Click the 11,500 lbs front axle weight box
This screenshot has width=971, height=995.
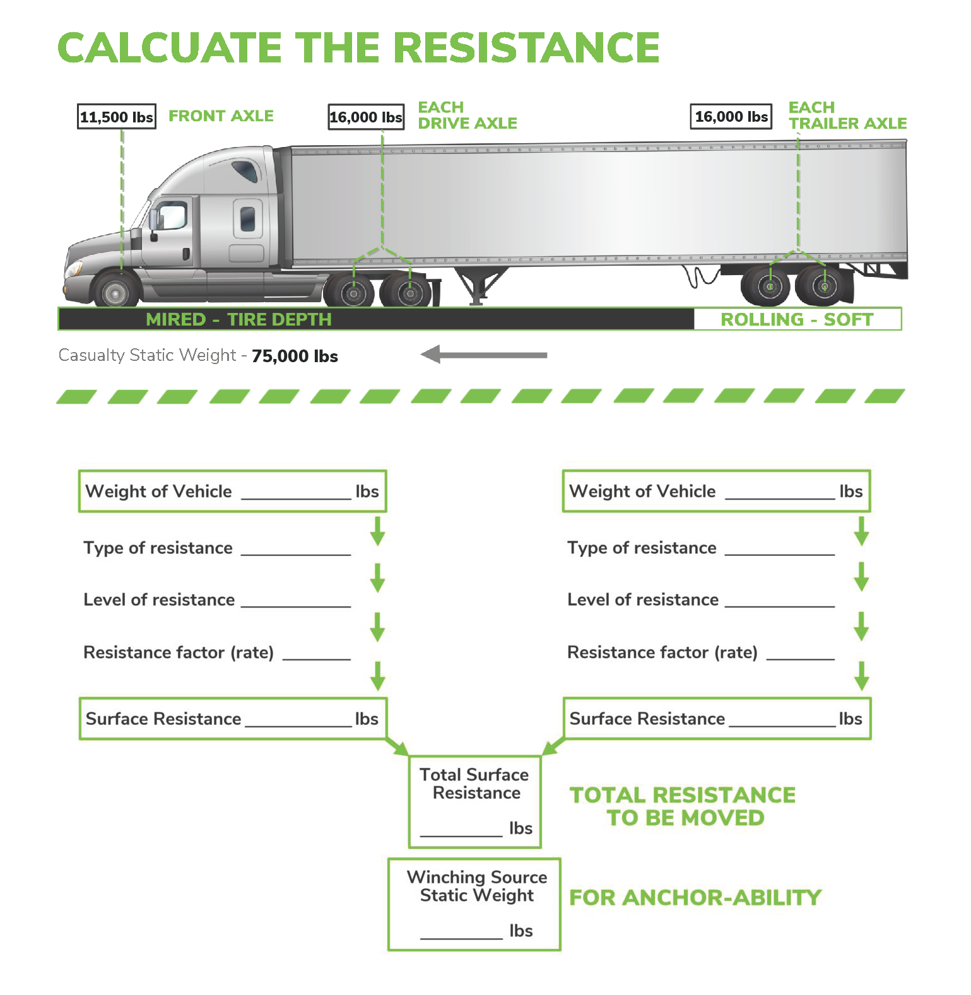[x=116, y=117]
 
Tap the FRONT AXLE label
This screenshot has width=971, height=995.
[x=221, y=116]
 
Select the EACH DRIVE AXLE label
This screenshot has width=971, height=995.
[x=467, y=115]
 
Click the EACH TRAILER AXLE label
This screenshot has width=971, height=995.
[x=847, y=115]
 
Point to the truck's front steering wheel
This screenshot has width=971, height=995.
[x=115, y=292]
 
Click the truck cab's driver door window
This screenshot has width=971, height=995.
[x=171, y=216]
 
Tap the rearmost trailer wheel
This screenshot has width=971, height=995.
[x=823, y=286]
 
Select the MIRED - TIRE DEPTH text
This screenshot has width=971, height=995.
[x=238, y=319]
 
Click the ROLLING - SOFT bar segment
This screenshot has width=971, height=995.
[x=797, y=319]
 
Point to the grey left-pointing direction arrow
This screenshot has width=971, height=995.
[x=484, y=355]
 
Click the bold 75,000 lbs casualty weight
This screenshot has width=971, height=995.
[x=295, y=356]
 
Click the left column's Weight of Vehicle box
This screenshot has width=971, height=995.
[x=232, y=491]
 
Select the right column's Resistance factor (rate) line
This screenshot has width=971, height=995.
[x=700, y=652]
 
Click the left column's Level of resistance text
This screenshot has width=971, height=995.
[x=159, y=599]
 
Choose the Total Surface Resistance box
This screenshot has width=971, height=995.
[x=475, y=801]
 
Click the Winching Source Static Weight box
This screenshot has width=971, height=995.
[x=474, y=904]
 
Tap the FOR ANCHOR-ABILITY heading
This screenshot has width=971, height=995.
[x=695, y=897]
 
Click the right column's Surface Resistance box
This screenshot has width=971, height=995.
[x=716, y=719]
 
